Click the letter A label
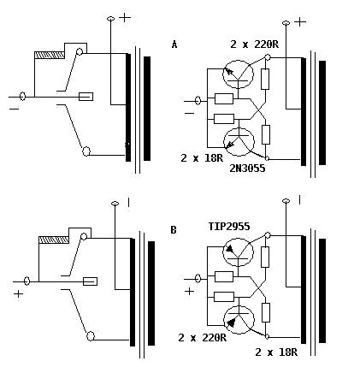point(174,44)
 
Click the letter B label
point(174,230)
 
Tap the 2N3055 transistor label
point(247,169)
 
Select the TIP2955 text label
point(229,227)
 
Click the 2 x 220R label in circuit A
point(254,44)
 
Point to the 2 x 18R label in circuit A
point(202,158)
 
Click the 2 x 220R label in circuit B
point(202,338)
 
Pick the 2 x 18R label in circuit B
point(276,352)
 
